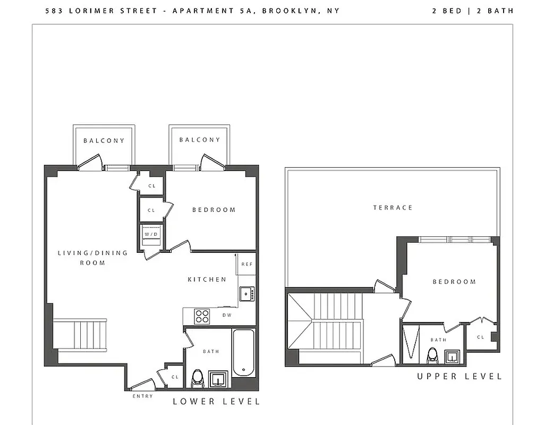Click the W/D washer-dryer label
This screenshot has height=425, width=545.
(151, 234)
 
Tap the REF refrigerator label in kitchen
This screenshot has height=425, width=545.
(246, 264)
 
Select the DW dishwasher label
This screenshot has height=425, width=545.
(227, 315)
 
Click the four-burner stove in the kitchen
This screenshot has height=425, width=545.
(202, 316)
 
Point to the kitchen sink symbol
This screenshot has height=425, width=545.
(246, 293)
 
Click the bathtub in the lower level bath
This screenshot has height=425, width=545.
(244, 352)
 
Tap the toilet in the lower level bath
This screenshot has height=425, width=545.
(198, 379)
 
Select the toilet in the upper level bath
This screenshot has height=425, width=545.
(432, 355)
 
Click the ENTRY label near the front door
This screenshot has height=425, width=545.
(142, 396)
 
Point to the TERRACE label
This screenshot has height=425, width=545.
(393, 208)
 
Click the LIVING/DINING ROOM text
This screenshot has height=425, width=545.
(93, 258)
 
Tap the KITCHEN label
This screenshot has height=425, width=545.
(207, 279)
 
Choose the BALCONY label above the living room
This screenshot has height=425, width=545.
(104, 141)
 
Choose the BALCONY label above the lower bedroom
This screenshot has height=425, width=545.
(200, 140)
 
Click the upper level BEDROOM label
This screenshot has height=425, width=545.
(454, 282)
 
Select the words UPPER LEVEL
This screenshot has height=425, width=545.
(459, 377)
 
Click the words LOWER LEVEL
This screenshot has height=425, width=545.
(216, 402)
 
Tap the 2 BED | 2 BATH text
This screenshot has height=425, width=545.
(473, 11)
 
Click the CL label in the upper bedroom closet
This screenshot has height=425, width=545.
(480, 337)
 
